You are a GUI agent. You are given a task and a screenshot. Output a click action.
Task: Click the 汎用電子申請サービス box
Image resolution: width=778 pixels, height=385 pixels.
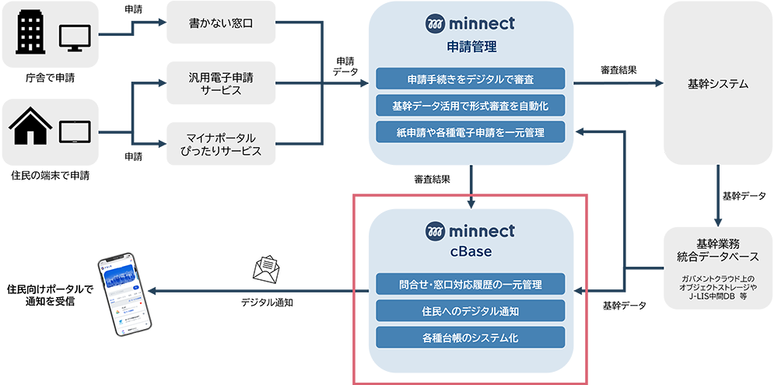222,83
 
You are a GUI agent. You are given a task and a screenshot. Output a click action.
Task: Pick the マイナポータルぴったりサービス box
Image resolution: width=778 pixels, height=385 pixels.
222,143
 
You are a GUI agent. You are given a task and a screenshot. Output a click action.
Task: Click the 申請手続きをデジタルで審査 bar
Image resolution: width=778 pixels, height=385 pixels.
470,79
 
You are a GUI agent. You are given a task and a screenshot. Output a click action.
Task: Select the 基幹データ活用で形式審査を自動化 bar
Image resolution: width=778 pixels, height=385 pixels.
470,105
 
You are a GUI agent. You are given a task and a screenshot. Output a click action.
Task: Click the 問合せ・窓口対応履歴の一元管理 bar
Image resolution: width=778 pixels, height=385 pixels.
470,284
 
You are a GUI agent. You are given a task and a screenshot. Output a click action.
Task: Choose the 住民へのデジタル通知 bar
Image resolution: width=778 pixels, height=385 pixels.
470,311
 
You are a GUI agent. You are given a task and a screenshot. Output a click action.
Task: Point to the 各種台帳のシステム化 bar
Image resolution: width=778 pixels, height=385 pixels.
470,338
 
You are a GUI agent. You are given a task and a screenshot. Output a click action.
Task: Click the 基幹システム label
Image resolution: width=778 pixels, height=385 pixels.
718,84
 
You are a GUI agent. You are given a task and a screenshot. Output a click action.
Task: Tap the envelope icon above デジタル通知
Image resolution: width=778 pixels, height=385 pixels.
266,269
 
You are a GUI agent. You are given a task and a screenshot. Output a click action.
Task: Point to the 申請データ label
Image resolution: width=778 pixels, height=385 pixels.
345,65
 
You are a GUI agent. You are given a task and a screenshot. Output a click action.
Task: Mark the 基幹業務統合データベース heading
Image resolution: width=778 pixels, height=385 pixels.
718,250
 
